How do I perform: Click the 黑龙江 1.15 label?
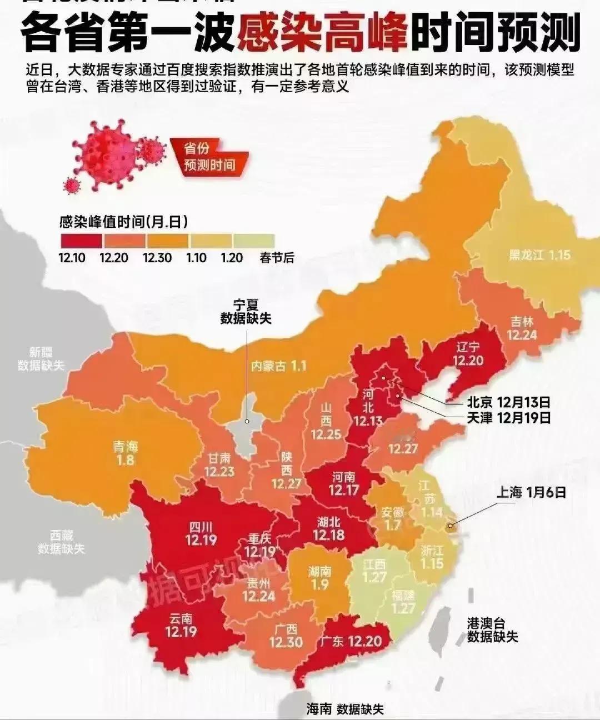(539, 255)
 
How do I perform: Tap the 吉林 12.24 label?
(522, 328)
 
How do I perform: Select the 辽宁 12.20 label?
(467, 354)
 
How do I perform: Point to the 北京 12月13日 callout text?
(508, 402)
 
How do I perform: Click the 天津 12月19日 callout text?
(508, 417)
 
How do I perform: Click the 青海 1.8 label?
(125, 453)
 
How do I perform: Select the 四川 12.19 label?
(201, 533)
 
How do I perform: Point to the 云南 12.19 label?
(181, 625)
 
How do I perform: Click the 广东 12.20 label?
(351, 641)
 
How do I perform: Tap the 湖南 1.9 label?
(319, 578)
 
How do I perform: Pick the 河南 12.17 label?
(343, 484)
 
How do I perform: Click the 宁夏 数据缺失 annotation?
(246, 312)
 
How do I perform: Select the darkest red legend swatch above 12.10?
(81, 241)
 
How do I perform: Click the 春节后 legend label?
(277, 258)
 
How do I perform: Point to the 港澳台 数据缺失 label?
(492, 630)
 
